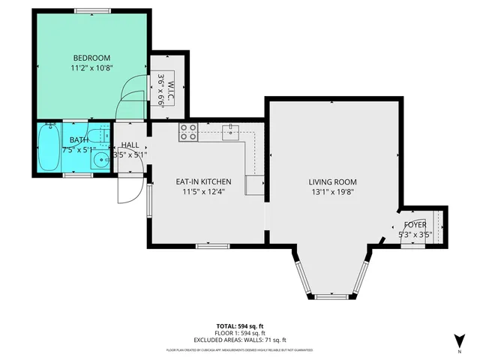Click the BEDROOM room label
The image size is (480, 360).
click(91, 58)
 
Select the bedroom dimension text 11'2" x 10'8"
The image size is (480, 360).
click(91, 68)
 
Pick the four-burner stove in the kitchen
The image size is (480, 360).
click(188, 133)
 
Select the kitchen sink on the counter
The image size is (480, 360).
click(233, 133)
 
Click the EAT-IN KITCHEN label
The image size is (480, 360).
click(203, 181)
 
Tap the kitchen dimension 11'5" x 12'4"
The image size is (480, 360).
click(203, 192)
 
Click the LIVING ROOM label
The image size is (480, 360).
click(332, 181)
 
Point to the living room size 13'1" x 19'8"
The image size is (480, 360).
click(332, 192)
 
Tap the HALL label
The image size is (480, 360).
click(130, 145)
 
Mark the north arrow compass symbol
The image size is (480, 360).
click(457, 340)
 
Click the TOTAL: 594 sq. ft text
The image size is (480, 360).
click(240, 325)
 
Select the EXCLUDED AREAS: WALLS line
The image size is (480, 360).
click(240, 340)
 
